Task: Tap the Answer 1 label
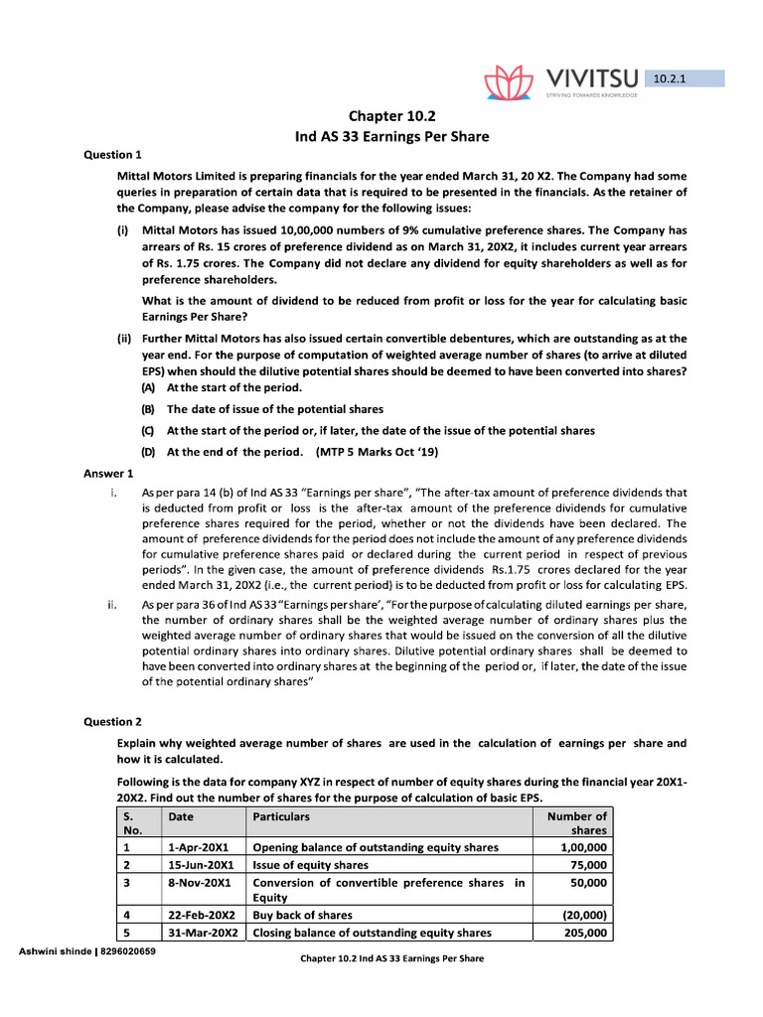pyautogui.click(x=107, y=473)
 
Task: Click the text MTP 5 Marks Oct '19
pyautogui.click(x=379, y=451)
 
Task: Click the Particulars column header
pyautogui.click(x=281, y=816)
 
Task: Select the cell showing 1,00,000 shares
pyautogui.click(x=583, y=847)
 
